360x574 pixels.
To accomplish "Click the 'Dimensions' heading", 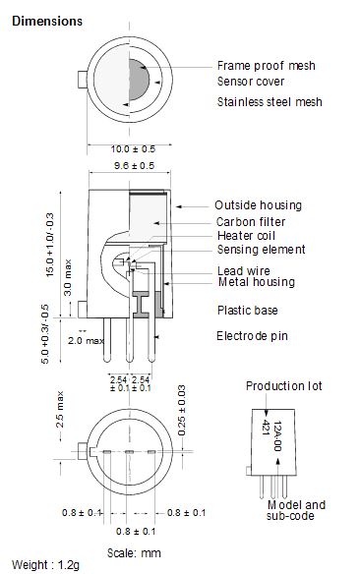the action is (x=47, y=21).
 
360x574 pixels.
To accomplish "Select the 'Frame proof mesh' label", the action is (x=266, y=66).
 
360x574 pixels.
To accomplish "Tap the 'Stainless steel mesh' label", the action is (x=270, y=102).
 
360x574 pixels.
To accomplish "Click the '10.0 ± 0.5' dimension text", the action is (x=133, y=149).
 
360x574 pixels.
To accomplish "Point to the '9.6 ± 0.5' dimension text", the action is (x=134, y=165).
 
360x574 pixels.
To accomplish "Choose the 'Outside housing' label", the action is (x=258, y=205).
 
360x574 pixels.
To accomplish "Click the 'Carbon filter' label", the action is (x=251, y=221).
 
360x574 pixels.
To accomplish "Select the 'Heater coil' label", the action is (x=246, y=235).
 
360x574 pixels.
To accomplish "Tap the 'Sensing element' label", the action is (x=261, y=250).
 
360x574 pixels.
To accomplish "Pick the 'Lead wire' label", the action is (x=244, y=271).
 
